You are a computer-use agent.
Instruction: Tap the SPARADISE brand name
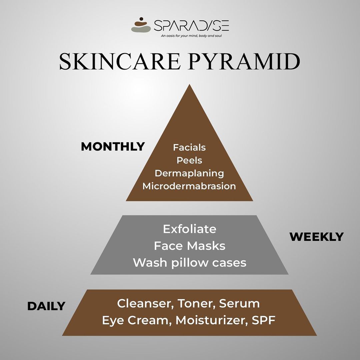click(x=191, y=25)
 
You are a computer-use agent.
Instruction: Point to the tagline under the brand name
click(x=191, y=36)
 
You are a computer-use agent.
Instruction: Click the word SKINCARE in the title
click(x=120, y=62)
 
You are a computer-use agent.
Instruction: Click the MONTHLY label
click(x=113, y=146)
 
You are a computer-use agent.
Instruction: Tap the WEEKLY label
click(x=317, y=237)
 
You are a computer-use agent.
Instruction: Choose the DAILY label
click(x=46, y=306)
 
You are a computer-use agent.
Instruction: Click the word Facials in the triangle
click(x=189, y=147)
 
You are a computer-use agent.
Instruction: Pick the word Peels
click(x=189, y=160)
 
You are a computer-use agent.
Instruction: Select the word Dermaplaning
click(x=189, y=173)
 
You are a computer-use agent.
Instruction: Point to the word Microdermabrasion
click(x=189, y=186)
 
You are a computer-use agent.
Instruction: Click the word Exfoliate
click(x=190, y=229)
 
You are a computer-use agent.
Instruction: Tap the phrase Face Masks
click(x=190, y=246)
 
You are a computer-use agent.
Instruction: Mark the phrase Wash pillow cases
click(x=190, y=262)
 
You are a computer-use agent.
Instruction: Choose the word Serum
click(x=239, y=303)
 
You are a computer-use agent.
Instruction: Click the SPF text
click(x=264, y=320)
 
